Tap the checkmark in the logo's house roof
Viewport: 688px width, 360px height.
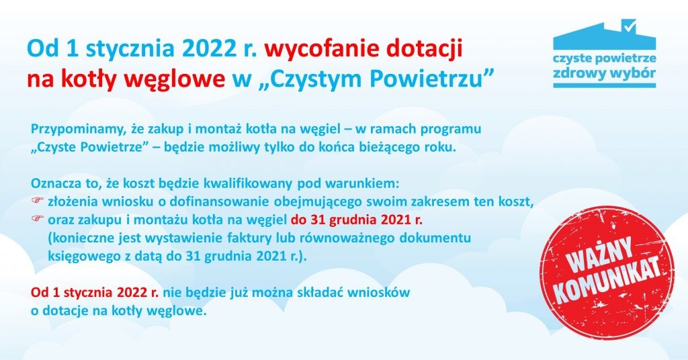pyautogui.click(x=630, y=27)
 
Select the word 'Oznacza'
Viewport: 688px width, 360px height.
pyautogui.click(x=56, y=183)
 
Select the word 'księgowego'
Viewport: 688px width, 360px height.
pyautogui.click(x=80, y=256)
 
